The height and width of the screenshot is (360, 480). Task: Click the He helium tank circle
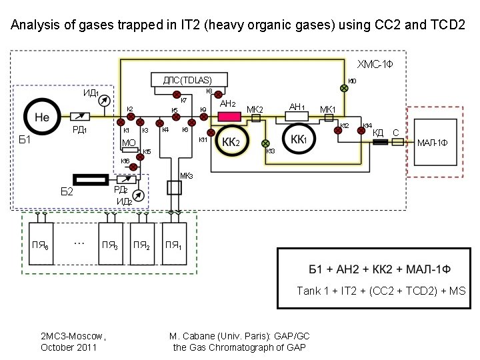[x=41, y=117]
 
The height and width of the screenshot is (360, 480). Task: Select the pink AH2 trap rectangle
[x=229, y=117]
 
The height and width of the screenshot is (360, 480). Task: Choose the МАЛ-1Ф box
[x=433, y=143]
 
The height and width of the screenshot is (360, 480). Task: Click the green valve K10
[x=344, y=86]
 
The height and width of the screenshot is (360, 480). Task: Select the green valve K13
[x=265, y=143]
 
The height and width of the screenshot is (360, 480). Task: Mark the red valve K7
[x=177, y=94]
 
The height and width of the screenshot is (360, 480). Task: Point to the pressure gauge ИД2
[x=137, y=196]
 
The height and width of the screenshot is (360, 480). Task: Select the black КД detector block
[x=380, y=142]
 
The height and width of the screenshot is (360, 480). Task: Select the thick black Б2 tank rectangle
[x=90, y=179]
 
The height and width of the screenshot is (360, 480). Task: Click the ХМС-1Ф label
[x=376, y=64]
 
